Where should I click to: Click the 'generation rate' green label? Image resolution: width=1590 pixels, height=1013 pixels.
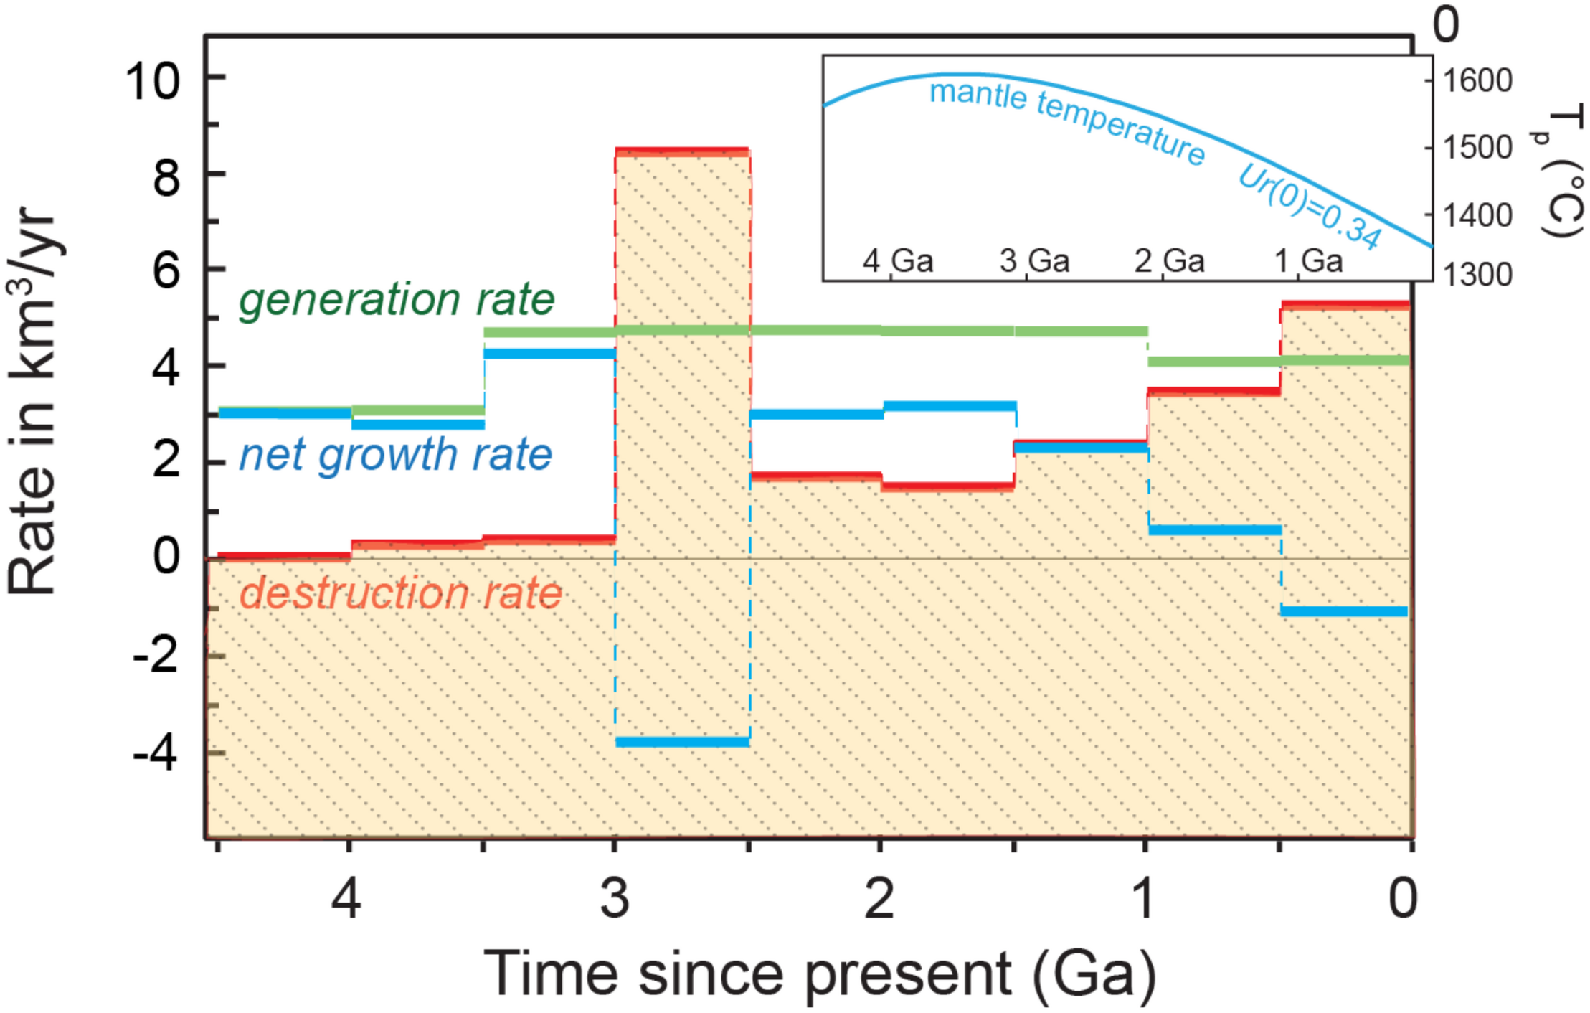397,300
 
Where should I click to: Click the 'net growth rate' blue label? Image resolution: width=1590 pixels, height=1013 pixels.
395,456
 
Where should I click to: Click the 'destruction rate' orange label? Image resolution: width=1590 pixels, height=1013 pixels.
400,594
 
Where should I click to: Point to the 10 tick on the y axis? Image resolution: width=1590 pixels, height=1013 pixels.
152,80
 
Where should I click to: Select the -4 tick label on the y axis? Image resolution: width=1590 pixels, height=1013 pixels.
155,754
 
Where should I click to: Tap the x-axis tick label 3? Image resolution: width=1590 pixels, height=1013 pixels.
615,898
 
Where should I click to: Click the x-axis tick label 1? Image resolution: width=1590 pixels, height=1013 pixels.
1144,898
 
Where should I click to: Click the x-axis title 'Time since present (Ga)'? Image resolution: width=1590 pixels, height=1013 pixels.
820,974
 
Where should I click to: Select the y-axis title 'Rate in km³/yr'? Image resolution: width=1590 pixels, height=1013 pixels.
32,402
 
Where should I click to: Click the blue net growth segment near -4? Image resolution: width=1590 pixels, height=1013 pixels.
682,742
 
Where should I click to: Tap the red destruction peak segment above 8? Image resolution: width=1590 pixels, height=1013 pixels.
682,151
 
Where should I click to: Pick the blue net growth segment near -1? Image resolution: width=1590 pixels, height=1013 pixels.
1344,611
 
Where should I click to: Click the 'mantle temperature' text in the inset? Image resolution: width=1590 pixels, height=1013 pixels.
1066,121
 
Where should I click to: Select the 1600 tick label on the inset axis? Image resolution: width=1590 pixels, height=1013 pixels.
1477,80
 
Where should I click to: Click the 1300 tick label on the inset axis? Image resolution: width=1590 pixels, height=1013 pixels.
1477,274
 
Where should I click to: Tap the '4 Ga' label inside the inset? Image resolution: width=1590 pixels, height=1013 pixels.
898,260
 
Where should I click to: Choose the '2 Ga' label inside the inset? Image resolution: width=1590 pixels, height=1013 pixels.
1169,260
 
